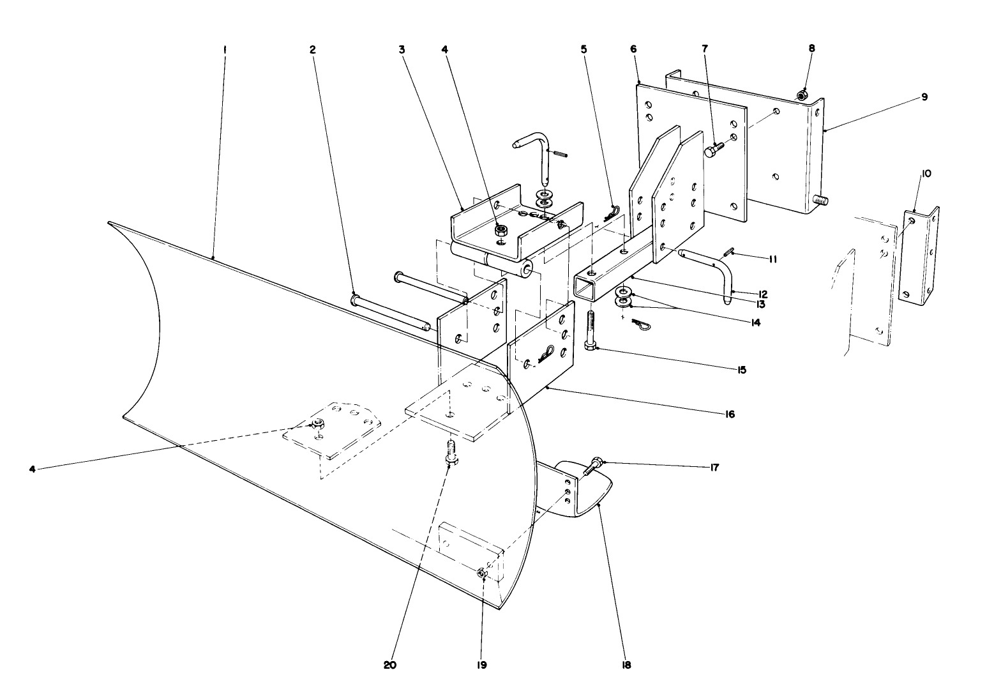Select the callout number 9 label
924,97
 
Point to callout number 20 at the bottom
390,664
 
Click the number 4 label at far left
33,468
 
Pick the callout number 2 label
313,49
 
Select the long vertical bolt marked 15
590,330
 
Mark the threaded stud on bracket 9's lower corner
821,202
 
